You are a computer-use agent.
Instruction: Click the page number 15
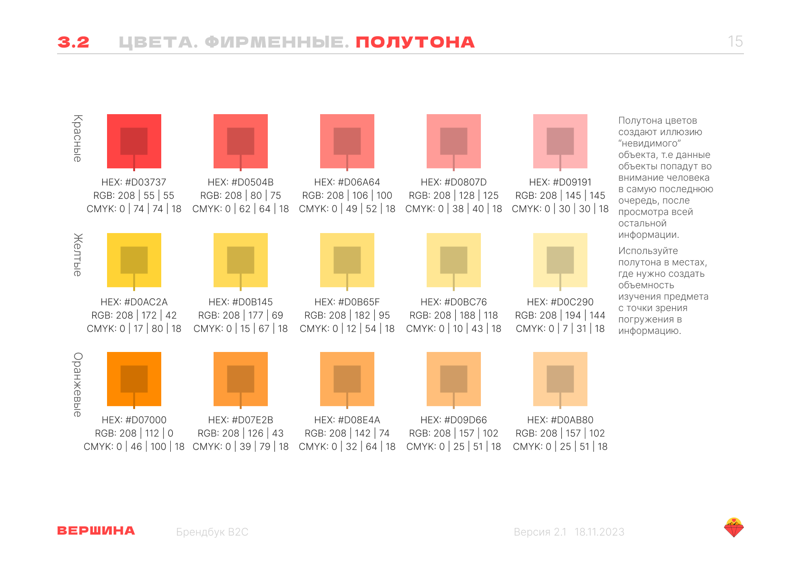pos(735,41)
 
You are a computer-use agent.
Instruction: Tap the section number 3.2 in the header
pos(73,42)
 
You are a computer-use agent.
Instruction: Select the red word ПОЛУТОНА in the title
pos(415,42)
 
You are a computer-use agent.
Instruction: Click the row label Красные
pos(78,138)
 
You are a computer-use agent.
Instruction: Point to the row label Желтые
pos(78,255)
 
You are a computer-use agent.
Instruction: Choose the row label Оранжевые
pos(78,384)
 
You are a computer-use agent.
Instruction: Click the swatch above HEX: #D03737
pos(134,141)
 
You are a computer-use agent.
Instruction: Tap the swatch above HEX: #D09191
pos(560,141)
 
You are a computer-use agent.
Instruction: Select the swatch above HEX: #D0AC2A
pos(134,260)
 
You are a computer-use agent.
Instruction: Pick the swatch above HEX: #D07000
pos(134,379)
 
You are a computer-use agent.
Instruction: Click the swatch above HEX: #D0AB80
pos(560,379)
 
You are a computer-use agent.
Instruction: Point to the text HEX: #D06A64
pos(347,182)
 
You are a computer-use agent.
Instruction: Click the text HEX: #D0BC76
pos(454,302)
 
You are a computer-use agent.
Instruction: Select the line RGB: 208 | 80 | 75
pos(241,195)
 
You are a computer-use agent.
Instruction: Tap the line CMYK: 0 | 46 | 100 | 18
pos(134,447)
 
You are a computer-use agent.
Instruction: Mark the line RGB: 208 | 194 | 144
pos(560,315)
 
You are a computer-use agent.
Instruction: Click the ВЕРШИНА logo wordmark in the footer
pos(96,531)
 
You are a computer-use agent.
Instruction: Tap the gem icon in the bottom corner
pos(734,527)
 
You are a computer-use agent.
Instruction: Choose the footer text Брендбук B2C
pos(212,532)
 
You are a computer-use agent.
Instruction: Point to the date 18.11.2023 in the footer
pos(599,532)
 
